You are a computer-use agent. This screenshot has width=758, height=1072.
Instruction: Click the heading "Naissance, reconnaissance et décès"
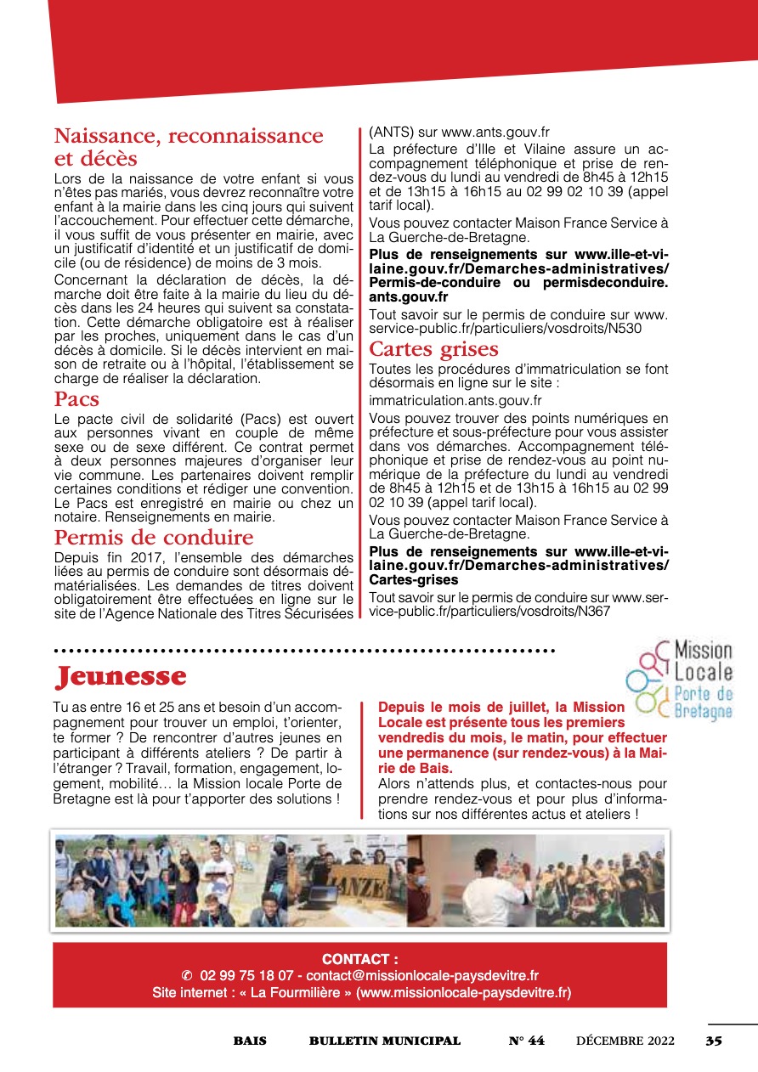click(x=189, y=147)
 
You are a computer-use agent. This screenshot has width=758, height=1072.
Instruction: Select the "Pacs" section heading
click(x=77, y=399)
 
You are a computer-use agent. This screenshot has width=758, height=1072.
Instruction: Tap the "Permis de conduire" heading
click(x=154, y=538)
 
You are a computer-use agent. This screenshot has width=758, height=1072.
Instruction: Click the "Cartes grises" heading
click(x=433, y=349)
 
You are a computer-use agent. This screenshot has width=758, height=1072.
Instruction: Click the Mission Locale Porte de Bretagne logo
click(x=679, y=680)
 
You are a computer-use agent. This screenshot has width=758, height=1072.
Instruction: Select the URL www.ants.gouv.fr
click(x=495, y=133)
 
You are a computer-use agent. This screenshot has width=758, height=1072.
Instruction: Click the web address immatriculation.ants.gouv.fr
click(x=455, y=400)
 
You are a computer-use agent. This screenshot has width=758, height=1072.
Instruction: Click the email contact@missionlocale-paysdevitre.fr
click(x=422, y=976)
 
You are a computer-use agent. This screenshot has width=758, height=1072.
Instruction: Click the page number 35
click(x=713, y=1041)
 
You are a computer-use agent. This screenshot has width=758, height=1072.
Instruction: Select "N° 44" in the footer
click(x=526, y=1041)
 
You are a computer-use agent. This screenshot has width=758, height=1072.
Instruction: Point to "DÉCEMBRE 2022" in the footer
click(x=625, y=1041)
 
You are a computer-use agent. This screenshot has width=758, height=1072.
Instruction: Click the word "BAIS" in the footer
click(x=250, y=1041)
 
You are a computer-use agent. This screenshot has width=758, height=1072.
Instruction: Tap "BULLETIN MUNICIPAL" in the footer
click(x=384, y=1041)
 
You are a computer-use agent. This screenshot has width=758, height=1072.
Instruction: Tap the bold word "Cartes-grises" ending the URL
click(x=414, y=580)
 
